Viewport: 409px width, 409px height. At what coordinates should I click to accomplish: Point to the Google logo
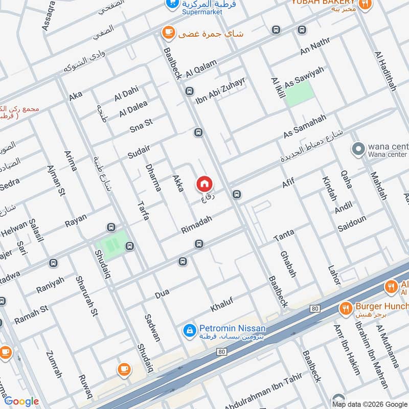click(21, 401)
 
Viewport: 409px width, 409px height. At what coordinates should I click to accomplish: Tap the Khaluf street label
click(222, 304)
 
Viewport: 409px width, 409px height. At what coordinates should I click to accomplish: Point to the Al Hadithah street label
click(385, 71)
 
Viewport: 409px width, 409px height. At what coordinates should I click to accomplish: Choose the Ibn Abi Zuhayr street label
click(220, 89)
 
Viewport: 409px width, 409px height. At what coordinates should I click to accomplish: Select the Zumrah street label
click(54, 364)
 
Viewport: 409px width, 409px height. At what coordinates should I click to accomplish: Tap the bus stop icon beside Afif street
click(236, 194)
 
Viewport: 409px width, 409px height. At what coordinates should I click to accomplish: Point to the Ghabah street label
click(288, 264)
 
